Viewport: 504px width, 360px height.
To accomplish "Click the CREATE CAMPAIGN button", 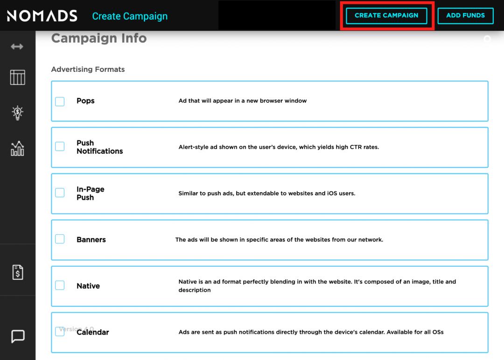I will tap(386, 15).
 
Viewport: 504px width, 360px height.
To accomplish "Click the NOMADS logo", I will tap(42, 16).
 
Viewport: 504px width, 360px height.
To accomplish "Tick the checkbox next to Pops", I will tap(60, 101).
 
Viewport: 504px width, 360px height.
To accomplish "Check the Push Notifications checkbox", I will tap(60, 146).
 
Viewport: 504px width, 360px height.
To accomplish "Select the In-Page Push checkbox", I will tap(60, 193).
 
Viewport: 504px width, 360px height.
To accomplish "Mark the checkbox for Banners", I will tap(60, 239).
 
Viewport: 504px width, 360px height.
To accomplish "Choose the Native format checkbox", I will tap(60, 285).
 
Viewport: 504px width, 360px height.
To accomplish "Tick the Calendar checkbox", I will tap(60, 332).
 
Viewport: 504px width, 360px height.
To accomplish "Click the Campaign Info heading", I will tap(99, 38).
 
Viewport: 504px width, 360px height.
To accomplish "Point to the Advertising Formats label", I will tap(88, 69).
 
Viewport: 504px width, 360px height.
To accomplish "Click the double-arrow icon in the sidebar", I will tap(17, 47).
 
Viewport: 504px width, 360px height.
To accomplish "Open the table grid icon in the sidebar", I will tap(17, 77).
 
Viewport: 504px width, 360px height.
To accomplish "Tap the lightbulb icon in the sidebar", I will tap(17, 113).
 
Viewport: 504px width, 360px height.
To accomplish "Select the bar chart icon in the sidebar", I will tap(17, 148).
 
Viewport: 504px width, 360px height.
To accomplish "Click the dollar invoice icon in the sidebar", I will tap(17, 272).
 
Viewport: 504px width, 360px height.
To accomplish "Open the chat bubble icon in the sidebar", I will tap(17, 336).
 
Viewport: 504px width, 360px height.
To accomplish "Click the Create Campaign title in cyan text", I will tap(130, 16).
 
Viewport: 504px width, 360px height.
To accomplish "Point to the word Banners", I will tap(91, 240).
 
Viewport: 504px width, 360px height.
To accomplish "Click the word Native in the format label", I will tap(88, 286).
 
